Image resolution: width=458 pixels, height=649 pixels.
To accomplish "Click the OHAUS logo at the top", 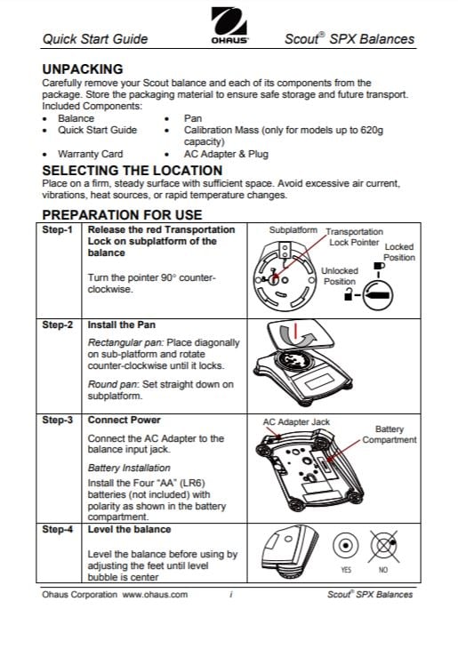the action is point(229,25).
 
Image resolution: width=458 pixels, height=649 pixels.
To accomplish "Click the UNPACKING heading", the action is point(83,69).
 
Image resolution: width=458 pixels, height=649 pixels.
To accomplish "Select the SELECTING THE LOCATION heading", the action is point(133,171).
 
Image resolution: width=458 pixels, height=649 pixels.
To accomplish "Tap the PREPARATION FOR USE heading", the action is point(122,215).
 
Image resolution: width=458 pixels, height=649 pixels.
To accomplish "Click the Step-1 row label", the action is point(57,229).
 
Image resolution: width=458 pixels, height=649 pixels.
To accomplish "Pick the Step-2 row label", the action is point(57,324).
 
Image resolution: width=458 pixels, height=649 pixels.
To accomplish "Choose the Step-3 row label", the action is point(57,421).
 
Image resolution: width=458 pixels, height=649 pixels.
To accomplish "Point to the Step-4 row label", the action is point(57,529).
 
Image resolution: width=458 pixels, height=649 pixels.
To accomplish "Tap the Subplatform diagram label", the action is point(293,230).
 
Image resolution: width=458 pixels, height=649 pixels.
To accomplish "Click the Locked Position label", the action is point(399,252).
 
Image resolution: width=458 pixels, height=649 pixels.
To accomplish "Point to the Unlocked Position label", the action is point(340,276).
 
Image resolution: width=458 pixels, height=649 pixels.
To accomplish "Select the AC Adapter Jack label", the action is point(296,422).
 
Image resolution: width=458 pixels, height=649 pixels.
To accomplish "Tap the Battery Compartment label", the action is point(390,435).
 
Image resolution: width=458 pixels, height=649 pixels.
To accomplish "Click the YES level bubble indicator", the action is point(345,545).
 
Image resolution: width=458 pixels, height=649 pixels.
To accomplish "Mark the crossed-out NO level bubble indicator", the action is point(384,547).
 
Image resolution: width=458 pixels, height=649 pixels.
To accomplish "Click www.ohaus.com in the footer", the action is point(155,595).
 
